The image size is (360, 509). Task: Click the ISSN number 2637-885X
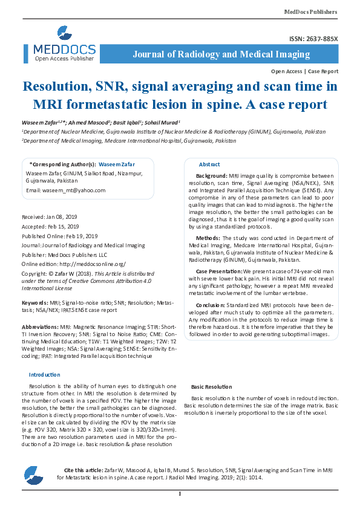pyautogui.click(x=314, y=39)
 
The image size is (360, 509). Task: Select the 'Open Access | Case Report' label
pyautogui.click(x=305, y=71)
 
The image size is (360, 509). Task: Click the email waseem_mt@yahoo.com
pyautogui.click(x=65, y=190)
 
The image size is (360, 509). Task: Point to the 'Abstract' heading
pyautogui.click(x=209, y=164)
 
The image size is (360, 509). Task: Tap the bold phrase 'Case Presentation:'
pyautogui.click(x=218, y=271)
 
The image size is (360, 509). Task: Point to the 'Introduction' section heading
pyautogui.click(x=45, y=375)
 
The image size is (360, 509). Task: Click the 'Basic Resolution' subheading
pyautogui.click(x=211, y=386)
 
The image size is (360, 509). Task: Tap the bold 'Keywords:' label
pyautogui.click(x=35, y=301)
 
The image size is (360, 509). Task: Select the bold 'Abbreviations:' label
pyautogui.click(x=39, y=326)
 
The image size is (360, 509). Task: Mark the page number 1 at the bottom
pyautogui.click(x=180, y=494)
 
